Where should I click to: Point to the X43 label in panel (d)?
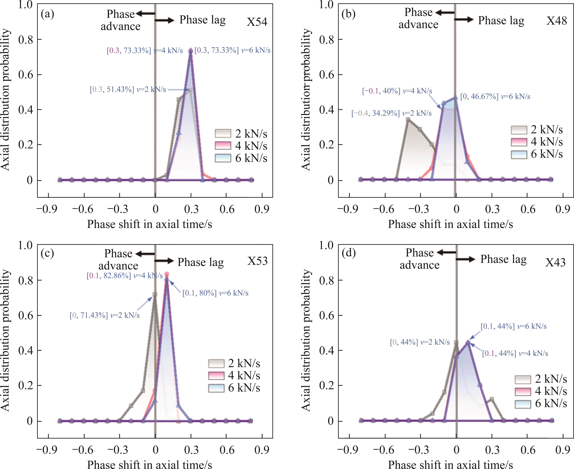click(555, 262)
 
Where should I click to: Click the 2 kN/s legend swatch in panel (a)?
click(223, 133)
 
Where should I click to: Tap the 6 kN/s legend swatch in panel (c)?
click(216, 388)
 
